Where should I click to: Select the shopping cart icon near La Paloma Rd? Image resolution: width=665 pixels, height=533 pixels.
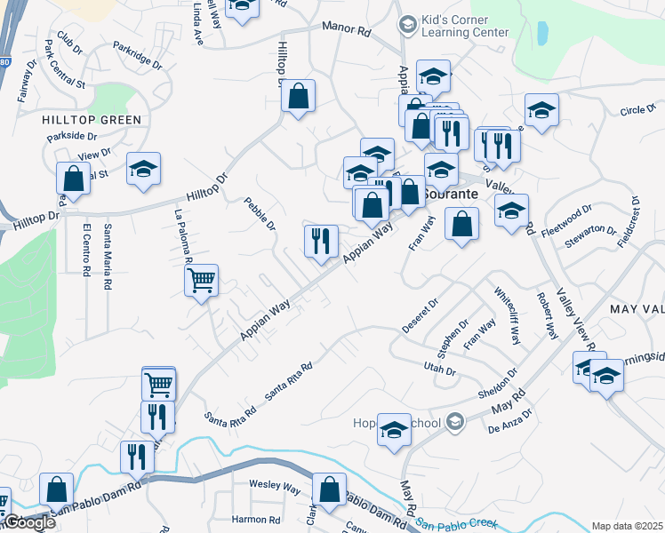[202, 281]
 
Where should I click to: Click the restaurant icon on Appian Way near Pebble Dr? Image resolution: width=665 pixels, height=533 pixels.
[321, 240]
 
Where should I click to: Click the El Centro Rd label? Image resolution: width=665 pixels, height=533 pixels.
[86, 251]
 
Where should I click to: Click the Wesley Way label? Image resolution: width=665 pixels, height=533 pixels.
[275, 486]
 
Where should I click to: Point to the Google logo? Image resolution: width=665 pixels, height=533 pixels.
[30, 522]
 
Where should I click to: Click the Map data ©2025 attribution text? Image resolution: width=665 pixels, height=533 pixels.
[627, 526]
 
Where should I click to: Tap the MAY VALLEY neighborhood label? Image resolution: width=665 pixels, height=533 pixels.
[637, 307]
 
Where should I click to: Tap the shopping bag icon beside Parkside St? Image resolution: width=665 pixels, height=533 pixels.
[73, 178]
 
